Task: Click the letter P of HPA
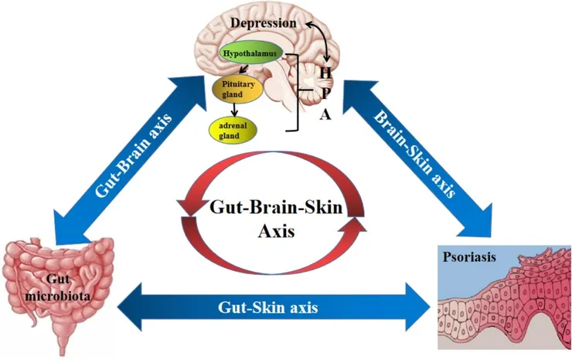pos(325,94)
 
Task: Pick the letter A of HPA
pos(325,116)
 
